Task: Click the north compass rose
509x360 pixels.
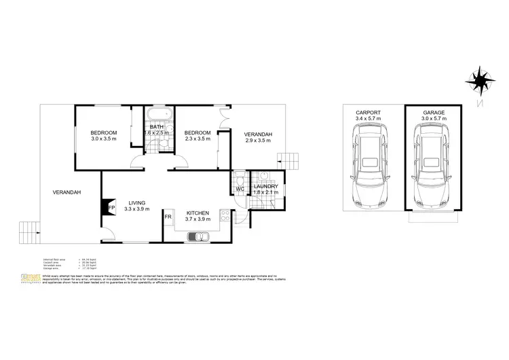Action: point(479,79)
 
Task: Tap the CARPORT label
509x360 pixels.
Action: point(368,112)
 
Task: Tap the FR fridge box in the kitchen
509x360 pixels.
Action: point(168,217)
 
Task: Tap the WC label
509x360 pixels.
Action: point(240,190)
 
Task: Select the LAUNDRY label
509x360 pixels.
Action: point(265,186)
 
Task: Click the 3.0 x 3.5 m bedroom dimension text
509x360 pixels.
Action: point(105,139)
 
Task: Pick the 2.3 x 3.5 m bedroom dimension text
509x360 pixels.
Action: point(197,139)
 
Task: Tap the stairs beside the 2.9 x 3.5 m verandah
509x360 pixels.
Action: point(288,161)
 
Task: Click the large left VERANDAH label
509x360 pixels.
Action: point(67,192)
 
